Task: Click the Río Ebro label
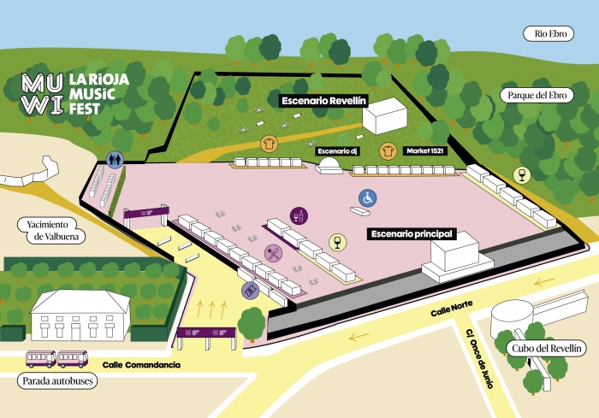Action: (x=552, y=33)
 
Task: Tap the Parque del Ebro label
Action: (x=534, y=96)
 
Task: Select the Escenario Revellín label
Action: (x=323, y=100)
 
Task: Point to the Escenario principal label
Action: (x=411, y=233)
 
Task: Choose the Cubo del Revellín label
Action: (x=549, y=348)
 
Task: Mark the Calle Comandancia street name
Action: (x=141, y=365)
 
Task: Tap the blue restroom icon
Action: (x=116, y=159)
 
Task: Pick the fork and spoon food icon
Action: (x=273, y=252)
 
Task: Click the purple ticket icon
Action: (x=250, y=290)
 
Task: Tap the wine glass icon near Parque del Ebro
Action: (x=519, y=175)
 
